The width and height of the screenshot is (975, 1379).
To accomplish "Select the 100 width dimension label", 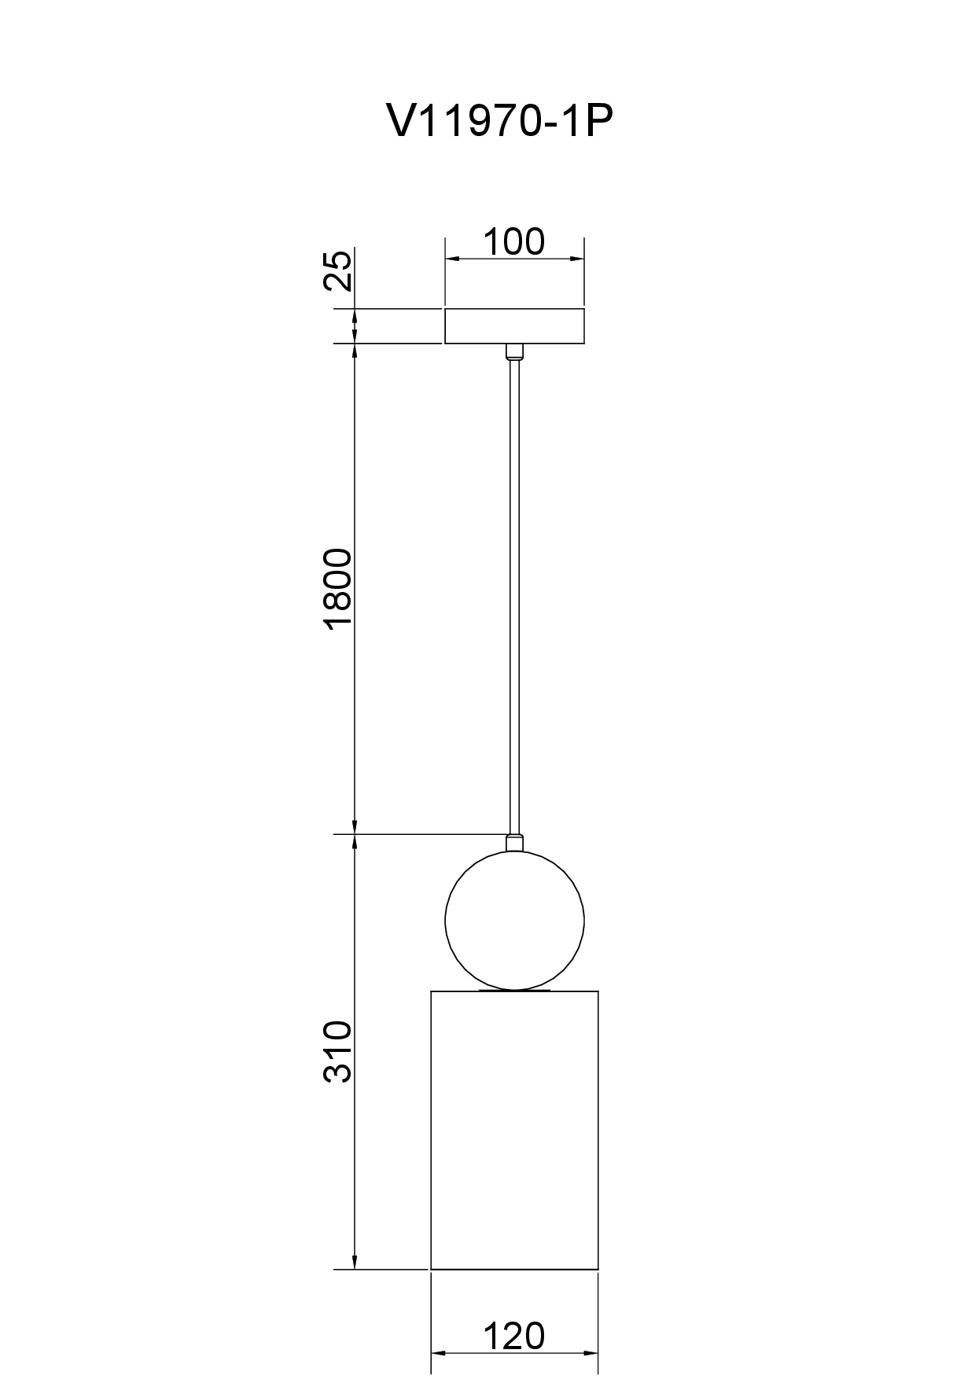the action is [513, 241].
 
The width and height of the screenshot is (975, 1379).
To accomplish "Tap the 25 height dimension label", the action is [339, 271].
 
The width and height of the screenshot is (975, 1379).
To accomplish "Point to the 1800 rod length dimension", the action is [339, 589].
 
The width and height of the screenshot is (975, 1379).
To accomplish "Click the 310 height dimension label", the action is [339, 1052].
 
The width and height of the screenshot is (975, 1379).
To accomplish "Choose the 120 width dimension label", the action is [513, 1336].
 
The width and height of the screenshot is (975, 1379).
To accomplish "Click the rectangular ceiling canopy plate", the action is [514, 326].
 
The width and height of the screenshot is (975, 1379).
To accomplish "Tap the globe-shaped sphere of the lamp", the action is [514, 920].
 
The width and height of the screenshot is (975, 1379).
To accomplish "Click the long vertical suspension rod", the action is [514, 597].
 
